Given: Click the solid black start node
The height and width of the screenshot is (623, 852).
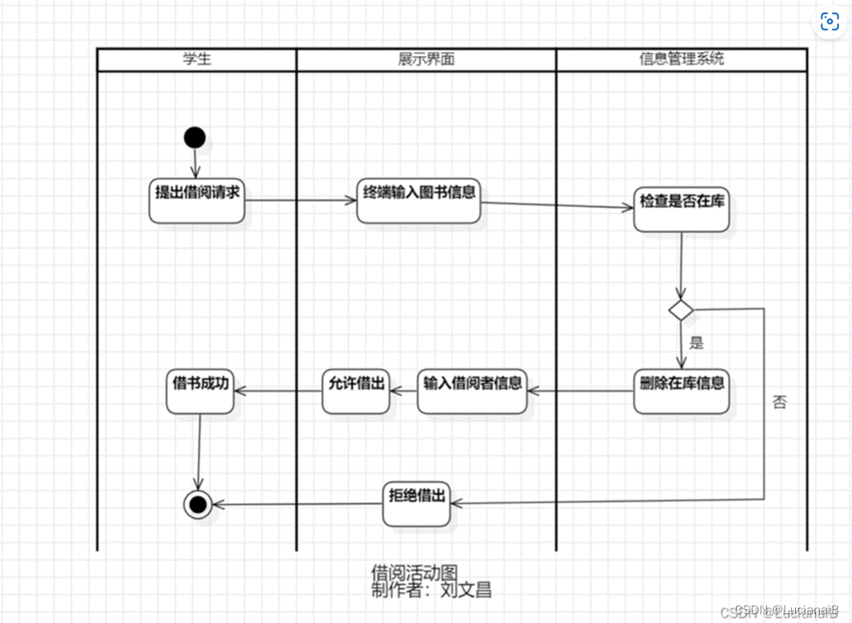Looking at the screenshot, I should point(194,137).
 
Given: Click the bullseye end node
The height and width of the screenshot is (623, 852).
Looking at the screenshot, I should point(198,503).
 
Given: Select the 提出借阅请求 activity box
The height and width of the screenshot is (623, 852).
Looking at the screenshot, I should point(197,200).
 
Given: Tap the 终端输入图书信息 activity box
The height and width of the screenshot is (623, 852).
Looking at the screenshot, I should point(420,200).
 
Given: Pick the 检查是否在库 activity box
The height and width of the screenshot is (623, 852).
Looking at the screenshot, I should point(681,208).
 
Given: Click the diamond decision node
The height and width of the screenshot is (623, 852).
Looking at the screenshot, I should point(681,309).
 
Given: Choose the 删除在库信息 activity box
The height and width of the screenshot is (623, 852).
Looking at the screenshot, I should point(681,391).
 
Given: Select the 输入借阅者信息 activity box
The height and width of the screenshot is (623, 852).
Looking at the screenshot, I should point(472,390).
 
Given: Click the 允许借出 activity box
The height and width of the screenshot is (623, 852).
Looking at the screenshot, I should point(356,390).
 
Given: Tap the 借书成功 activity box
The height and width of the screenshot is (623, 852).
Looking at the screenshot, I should point(201,390).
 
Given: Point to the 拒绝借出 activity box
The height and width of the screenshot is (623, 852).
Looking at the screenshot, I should point(417,502).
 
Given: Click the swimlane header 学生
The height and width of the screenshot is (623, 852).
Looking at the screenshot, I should point(197,59).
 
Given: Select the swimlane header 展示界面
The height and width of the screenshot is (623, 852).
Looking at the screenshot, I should point(426,59).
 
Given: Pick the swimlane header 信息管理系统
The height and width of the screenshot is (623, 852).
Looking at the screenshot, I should point(681,59).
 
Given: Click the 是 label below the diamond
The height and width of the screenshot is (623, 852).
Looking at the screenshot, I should point(696,343).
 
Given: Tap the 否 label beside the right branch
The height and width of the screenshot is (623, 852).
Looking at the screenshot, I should point(779,402).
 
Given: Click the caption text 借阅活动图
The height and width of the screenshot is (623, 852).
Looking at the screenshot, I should point(415,573).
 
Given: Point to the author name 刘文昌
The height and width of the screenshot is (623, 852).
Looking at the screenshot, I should point(465,590).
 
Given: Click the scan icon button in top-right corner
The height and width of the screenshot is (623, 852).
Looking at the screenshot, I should point(829,22).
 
